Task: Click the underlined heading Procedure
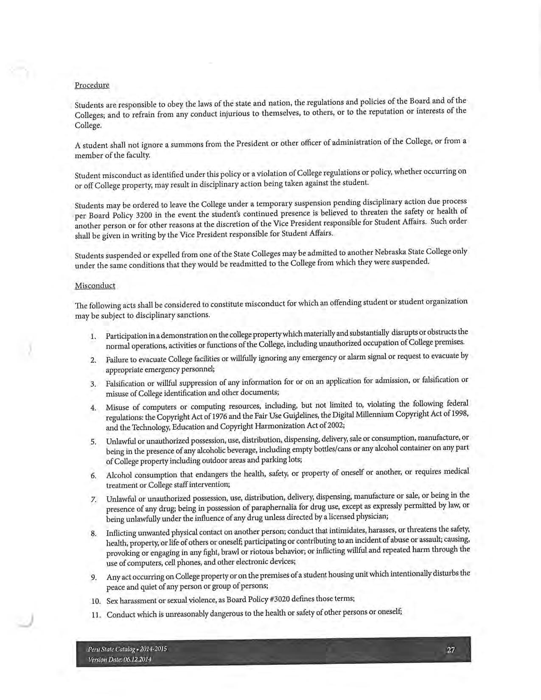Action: coord(92,85)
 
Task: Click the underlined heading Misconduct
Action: coord(95,286)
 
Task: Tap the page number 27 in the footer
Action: coord(451,650)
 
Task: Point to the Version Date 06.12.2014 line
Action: coord(119,659)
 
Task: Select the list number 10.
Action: coord(95,601)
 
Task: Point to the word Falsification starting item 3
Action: coord(125,384)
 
